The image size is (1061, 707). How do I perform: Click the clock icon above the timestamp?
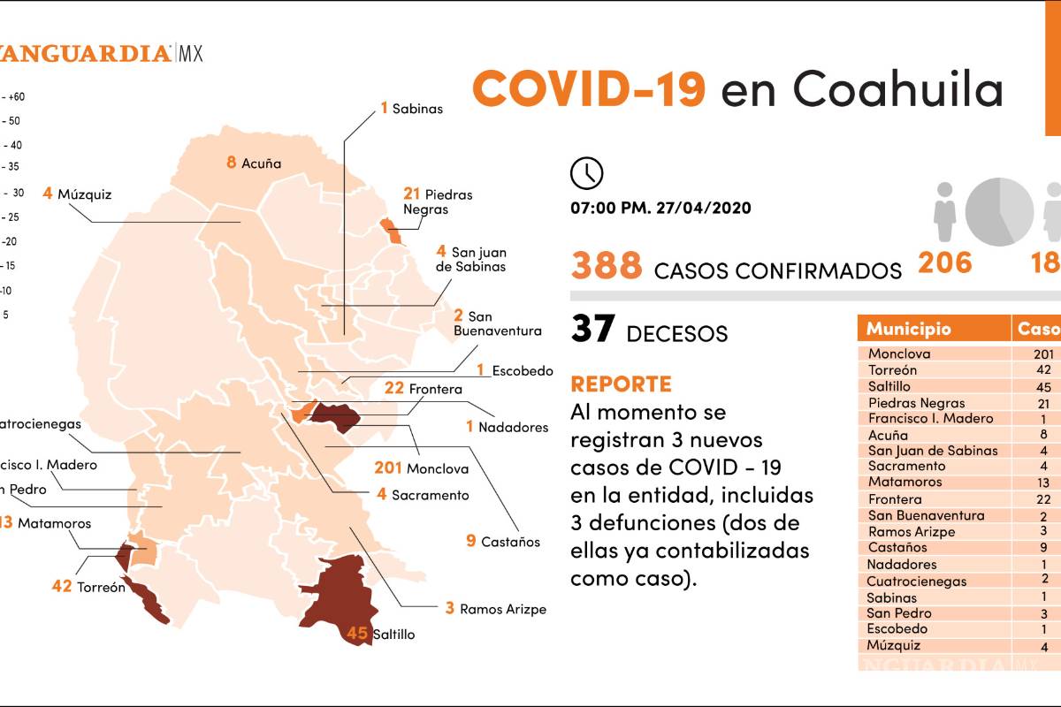(587, 172)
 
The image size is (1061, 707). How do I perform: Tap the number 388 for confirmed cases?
(607, 266)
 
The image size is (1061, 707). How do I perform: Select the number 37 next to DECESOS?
(592, 329)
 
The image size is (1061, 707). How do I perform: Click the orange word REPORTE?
(621, 384)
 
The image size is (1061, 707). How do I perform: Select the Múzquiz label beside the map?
(84, 194)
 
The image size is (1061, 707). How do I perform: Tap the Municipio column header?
(908, 329)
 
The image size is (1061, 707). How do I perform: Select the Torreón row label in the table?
(892, 370)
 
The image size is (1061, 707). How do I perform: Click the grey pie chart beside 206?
(999, 212)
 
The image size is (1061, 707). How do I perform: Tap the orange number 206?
(945, 262)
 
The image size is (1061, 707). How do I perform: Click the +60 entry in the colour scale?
(16, 96)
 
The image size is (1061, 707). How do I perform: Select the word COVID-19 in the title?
(589, 88)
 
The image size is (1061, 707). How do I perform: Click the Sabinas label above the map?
(417, 109)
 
